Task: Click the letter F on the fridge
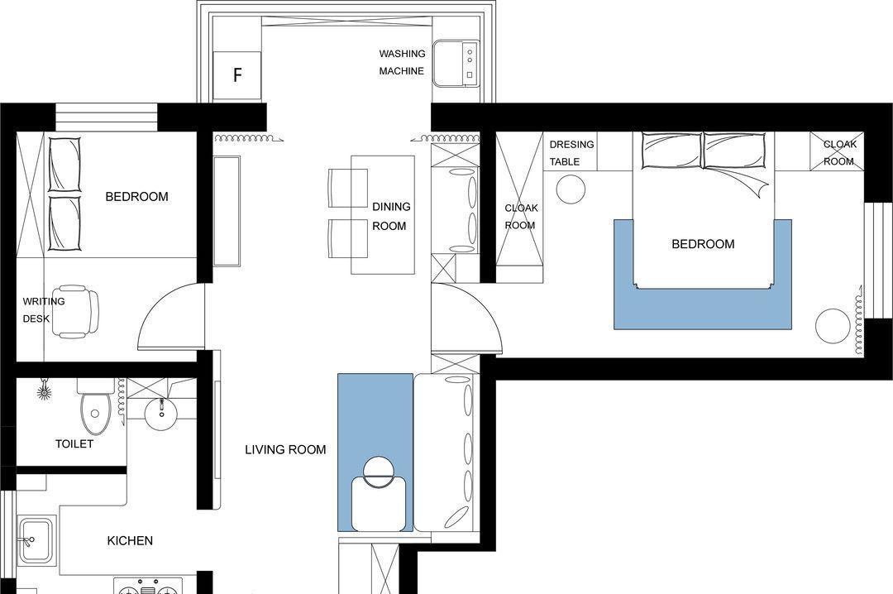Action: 238,74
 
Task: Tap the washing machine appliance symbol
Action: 455,63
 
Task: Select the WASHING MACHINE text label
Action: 402,62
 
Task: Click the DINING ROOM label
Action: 390,216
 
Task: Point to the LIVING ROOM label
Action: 285,450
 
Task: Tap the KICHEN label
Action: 130,540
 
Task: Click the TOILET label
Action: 74,443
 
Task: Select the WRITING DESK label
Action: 43,309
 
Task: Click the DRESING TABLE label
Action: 571,153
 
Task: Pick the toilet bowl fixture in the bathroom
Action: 94,406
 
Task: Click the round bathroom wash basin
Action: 161,414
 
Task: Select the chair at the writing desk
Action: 78,311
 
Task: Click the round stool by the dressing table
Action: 571,189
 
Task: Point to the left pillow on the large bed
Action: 672,151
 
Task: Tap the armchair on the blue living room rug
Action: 378,496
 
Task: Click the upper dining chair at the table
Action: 348,188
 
